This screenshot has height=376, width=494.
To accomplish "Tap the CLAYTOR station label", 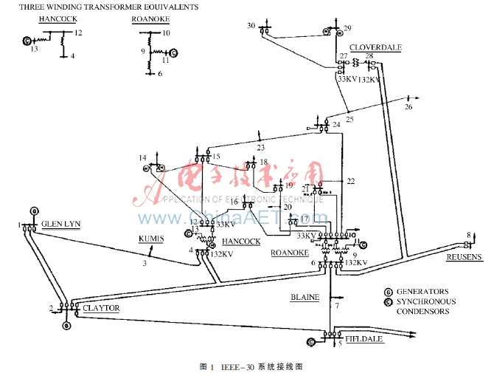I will point(101,308).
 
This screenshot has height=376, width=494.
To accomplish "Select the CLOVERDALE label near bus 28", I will point(375,47).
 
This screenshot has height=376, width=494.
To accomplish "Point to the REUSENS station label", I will point(464,257).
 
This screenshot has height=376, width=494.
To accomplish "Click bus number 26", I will point(408,107).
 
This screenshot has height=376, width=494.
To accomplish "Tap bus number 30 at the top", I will point(251,26).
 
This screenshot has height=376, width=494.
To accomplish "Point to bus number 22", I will point(351,181).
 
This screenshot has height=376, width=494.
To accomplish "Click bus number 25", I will point(349,120).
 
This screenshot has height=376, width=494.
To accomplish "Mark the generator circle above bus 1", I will point(33,211).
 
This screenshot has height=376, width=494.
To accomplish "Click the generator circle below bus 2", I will point(66,325).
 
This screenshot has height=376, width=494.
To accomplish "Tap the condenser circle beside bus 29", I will point(326,32).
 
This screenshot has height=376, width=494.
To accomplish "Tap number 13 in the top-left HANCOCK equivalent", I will point(34,49).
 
